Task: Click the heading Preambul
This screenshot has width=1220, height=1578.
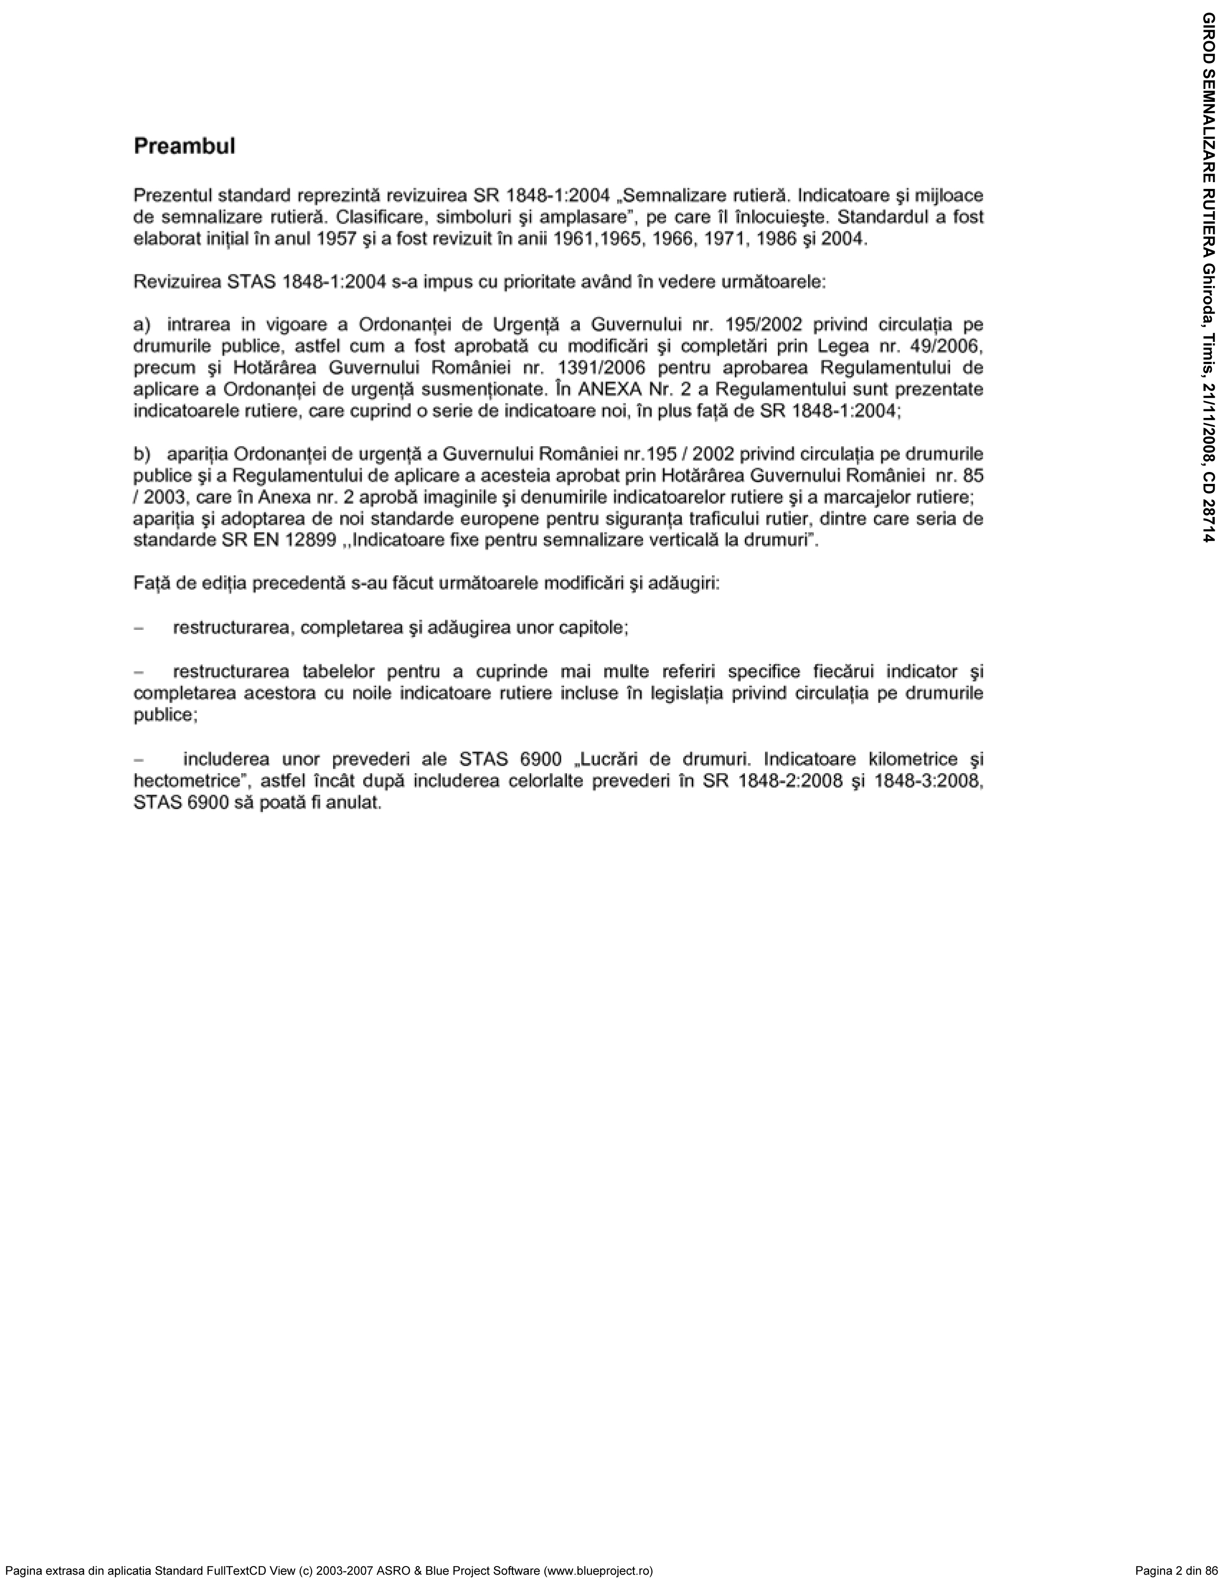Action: click(x=184, y=147)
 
